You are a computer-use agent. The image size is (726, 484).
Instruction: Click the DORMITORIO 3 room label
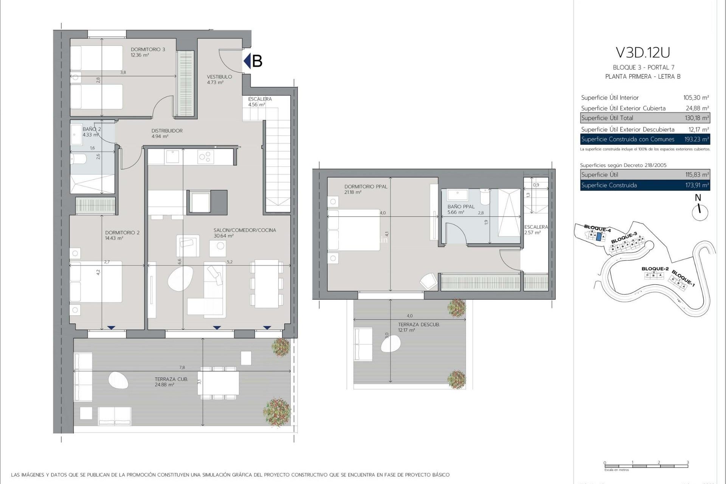click(148, 50)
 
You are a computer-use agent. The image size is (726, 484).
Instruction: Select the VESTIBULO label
click(219, 77)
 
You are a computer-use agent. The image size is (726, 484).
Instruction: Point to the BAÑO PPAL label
click(461, 207)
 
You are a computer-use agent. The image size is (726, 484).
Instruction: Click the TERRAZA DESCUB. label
click(419, 324)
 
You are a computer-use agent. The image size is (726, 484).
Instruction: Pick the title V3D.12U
click(642, 53)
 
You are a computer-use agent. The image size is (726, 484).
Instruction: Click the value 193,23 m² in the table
click(696, 140)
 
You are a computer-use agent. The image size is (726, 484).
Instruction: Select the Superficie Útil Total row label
click(607, 118)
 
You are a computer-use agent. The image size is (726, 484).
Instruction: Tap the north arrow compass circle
click(700, 213)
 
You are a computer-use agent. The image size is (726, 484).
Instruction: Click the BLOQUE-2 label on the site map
click(655, 269)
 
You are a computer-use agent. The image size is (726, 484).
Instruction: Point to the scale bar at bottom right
click(646, 466)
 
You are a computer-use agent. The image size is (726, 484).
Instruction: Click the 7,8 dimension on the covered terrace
click(182, 368)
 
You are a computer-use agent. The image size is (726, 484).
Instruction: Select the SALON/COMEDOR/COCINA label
click(245, 230)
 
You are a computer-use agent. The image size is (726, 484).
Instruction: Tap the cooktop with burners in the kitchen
click(206, 157)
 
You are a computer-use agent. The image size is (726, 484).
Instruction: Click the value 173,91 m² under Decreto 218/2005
click(697, 185)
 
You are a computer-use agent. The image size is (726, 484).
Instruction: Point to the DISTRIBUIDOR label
click(167, 131)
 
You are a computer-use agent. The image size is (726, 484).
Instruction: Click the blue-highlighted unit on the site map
click(598, 237)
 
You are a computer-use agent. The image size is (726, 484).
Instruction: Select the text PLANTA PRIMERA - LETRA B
click(642, 77)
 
